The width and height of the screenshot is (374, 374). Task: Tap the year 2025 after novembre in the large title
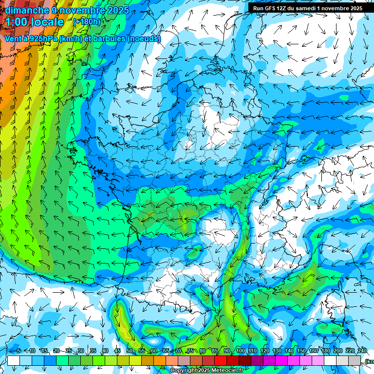coord(116,10)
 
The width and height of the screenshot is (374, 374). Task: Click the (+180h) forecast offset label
coord(86,21)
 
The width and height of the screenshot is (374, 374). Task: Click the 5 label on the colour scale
coord(19,351)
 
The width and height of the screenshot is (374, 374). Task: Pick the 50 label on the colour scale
coord(130,351)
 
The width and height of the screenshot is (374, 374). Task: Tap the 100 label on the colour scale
coord(240,351)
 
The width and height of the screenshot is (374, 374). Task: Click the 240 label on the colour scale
coord(362,351)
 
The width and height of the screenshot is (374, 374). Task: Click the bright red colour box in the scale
coord(221,361)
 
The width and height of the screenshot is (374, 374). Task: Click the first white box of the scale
coord(14,361)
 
